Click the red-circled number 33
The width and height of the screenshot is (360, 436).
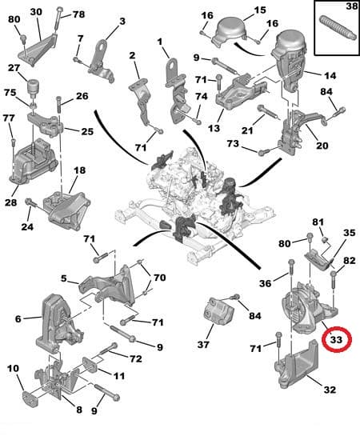coord(336,339)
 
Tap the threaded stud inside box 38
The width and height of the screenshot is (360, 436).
coord(338,29)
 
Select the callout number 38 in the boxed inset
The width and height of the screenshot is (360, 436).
coord(351,6)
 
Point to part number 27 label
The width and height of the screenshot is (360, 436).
coord(14,68)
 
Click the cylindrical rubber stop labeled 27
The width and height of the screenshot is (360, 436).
coord(34,87)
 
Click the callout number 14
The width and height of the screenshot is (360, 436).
coord(330,75)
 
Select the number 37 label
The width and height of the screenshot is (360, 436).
coord(203,345)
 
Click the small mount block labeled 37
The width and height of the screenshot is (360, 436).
coord(218,311)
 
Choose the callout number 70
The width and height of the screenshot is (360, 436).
coord(159,278)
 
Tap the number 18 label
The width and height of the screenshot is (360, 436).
coord(80,170)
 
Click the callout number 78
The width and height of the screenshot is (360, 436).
coord(78,14)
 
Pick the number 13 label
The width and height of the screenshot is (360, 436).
coord(214,128)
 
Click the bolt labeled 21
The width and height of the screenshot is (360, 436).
coord(268,112)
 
